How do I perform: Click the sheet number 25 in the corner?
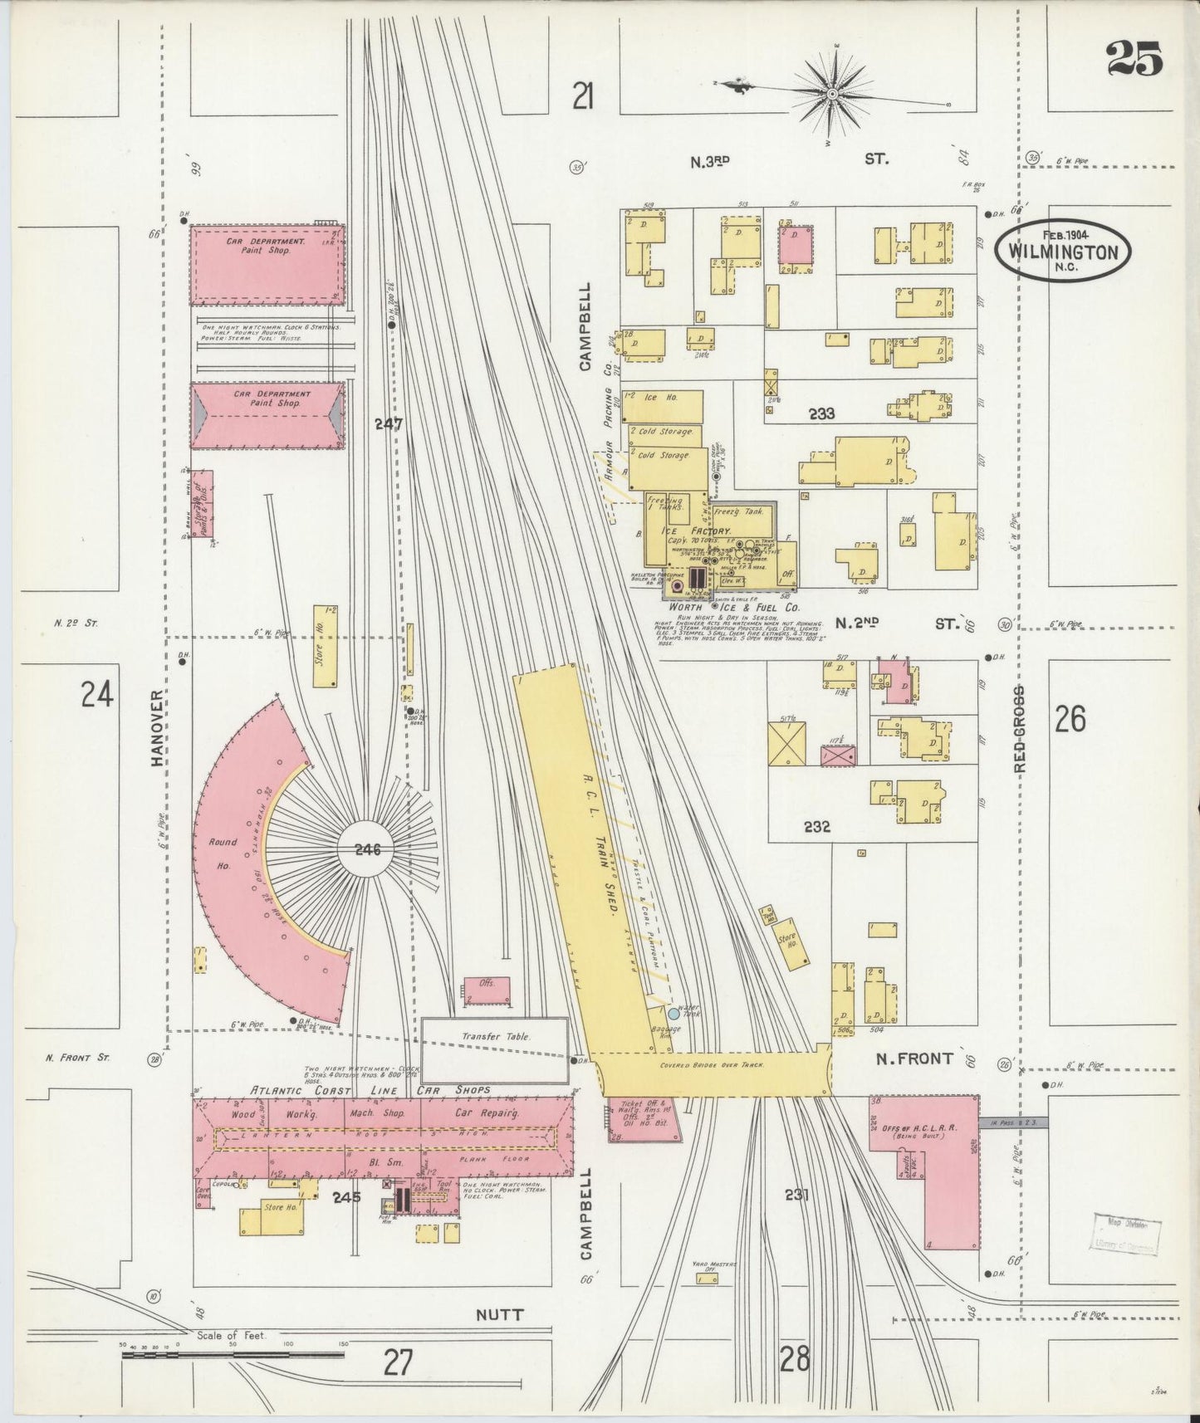(x=1134, y=59)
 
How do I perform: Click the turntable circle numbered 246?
(x=367, y=849)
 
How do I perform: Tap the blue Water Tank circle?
(x=674, y=1013)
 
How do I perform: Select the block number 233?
(x=821, y=413)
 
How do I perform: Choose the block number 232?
(x=816, y=826)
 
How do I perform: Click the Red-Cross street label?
(x=1021, y=728)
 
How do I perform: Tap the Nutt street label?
(x=500, y=1314)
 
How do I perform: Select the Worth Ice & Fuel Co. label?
(x=727, y=608)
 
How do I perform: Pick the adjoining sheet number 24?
(x=97, y=693)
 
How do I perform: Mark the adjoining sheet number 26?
(x=1070, y=719)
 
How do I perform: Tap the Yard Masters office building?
(x=707, y=1279)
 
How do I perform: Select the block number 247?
(x=388, y=423)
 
